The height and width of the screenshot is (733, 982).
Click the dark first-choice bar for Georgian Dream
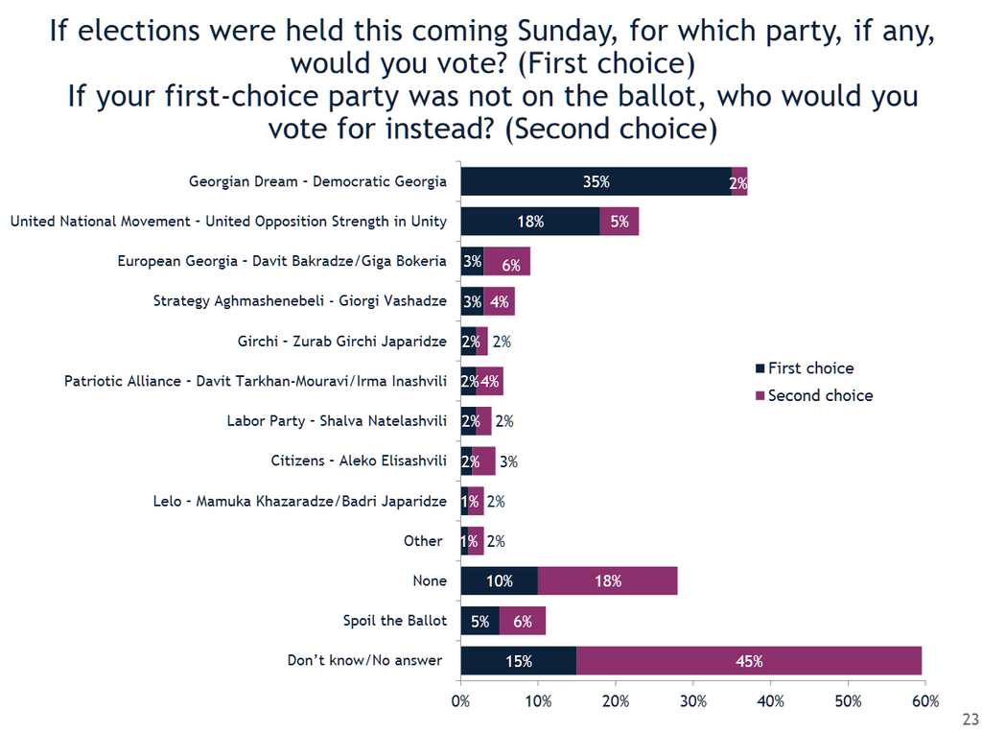[x=596, y=181]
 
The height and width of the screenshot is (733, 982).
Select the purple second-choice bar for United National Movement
[x=619, y=222]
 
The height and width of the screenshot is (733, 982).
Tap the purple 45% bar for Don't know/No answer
[x=748, y=661]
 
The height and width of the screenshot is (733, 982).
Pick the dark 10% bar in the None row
[x=499, y=580]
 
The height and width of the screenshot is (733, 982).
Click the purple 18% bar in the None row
[x=608, y=580]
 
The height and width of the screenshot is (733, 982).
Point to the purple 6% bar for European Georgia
[x=507, y=261]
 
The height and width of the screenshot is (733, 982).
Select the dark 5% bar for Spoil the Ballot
[x=479, y=621]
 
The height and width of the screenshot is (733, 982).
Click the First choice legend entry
[x=810, y=368]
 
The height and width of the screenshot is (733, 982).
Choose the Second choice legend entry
[x=820, y=395]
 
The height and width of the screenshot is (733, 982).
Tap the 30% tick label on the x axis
[x=693, y=700]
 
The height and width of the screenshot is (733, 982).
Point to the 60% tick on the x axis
[x=925, y=700]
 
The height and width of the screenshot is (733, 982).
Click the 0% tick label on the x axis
[x=461, y=700]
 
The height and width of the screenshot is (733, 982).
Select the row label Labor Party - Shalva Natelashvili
[x=337, y=420]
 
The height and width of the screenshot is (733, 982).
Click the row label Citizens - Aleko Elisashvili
[x=359, y=461]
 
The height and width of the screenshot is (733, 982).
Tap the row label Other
[x=423, y=541]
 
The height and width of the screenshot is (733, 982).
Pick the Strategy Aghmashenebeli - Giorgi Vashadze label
[x=300, y=301]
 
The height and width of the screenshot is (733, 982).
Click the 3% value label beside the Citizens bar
[x=508, y=461]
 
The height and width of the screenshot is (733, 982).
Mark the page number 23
[x=970, y=719]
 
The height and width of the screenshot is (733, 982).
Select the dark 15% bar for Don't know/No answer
[x=518, y=661]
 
